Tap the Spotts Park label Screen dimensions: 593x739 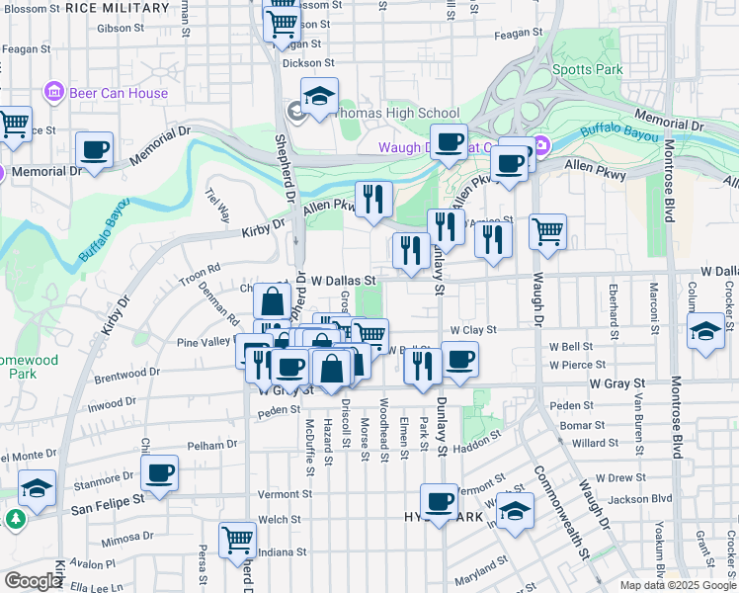[588, 70]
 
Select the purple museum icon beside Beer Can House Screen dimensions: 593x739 [53, 94]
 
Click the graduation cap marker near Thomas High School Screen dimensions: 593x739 [319, 97]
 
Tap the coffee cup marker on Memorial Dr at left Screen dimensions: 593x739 [95, 150]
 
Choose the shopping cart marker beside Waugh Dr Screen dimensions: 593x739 [547, 232]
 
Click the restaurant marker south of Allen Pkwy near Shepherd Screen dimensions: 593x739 [373, 200]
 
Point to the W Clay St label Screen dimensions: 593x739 [472, 330]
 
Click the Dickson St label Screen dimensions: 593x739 [301, 62]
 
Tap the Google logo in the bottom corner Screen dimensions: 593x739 [33, 581]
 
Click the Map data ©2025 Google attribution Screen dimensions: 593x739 [678, 585]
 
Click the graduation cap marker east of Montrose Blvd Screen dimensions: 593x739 [706, 331]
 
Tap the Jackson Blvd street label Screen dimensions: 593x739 [648, 499]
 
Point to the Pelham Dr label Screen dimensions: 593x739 [207, 446]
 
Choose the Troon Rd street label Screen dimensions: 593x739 [201, 271]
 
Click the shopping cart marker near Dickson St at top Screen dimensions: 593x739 [283, 22]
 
